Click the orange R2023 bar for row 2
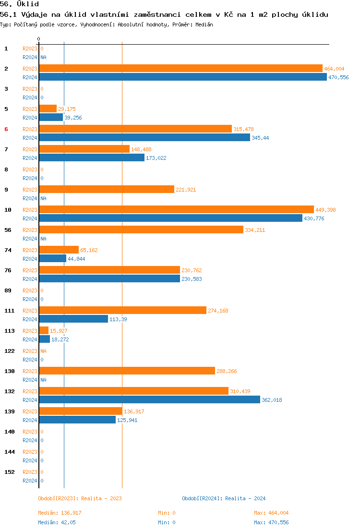point(180,69)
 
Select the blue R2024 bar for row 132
point(149,400)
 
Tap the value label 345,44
point(260,138)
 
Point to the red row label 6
point(6,129)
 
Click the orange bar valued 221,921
point(106,190)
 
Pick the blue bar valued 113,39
point(73,319)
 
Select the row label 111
point(10,311)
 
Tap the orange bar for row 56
point(141,230)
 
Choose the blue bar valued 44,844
point(52,259)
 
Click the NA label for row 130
point(43,380)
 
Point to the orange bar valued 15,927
point(44,331)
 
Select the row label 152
point(10,472)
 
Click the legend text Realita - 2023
point(101,498)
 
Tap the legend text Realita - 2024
point(245,498)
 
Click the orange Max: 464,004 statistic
point(271,513)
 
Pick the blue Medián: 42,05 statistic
point(57,522)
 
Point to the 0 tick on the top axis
point(39,39)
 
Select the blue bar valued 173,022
point(91,158)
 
